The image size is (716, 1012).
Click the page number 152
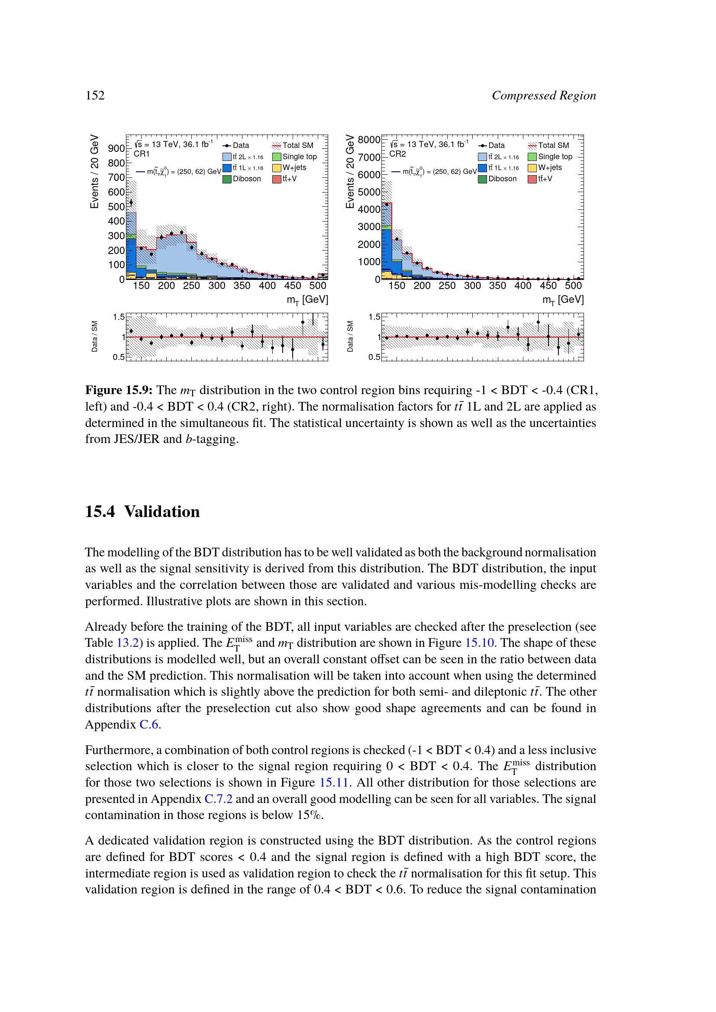pos(95,96)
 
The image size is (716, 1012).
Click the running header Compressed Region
pos(544,96)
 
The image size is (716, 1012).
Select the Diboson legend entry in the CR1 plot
pos(242,179)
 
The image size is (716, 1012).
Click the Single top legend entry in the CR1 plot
pos(294,157)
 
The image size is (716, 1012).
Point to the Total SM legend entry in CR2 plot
pos(549,145)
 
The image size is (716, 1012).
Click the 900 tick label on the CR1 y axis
pos(116,148)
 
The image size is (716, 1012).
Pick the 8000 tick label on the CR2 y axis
pos(368,140)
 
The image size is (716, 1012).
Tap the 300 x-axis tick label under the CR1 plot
pos(217,286)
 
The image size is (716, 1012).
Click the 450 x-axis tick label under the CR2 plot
pos(548,286)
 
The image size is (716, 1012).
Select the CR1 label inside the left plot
pos(142,154)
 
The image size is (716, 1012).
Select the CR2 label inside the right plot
pos(397,154)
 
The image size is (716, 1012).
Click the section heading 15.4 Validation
pos(142,511)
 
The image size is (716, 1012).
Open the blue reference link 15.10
pos(479,643)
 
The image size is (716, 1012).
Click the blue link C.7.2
pos(218,799)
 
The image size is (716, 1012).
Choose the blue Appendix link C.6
pos(148,724)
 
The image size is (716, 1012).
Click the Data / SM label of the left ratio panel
pos(95,336)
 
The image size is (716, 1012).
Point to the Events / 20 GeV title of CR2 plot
pos(350,171)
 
